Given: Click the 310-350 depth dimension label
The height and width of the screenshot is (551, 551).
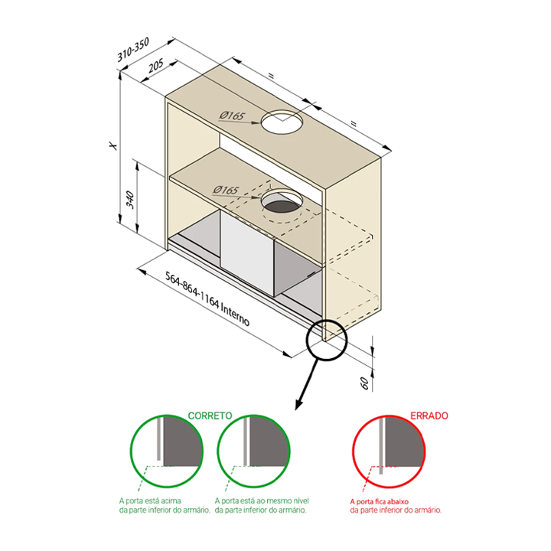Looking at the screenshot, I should click(134, 50).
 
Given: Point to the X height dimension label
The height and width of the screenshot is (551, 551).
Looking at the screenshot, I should click(112, 145).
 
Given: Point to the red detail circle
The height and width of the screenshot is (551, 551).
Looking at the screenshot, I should click(388, 453).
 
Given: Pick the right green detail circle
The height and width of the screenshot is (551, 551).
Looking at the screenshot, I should click(253, 453).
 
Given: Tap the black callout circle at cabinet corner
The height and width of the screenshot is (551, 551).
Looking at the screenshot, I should click(328, 338).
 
